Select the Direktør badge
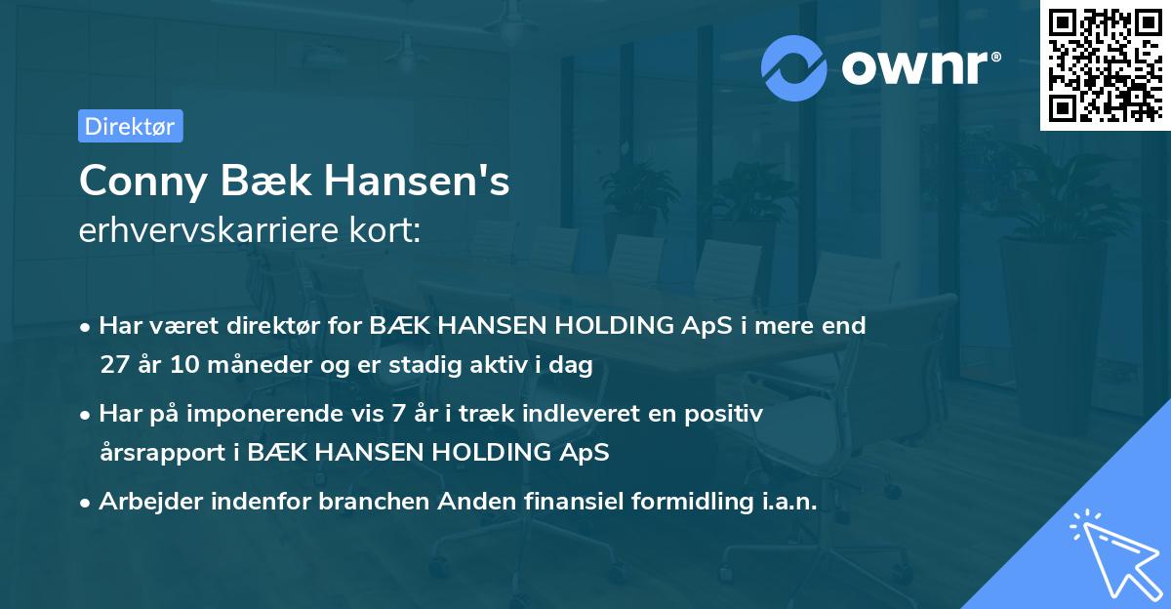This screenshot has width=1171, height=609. pyautogui.click(x=129, y=126)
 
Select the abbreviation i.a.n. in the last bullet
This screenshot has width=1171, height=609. pyautogui.click(x=787, y=502)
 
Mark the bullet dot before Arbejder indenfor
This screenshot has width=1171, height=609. pyautogui.click(x=86, y=503)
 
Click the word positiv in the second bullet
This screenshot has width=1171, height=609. pyautogui.click(x=728, y=414)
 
